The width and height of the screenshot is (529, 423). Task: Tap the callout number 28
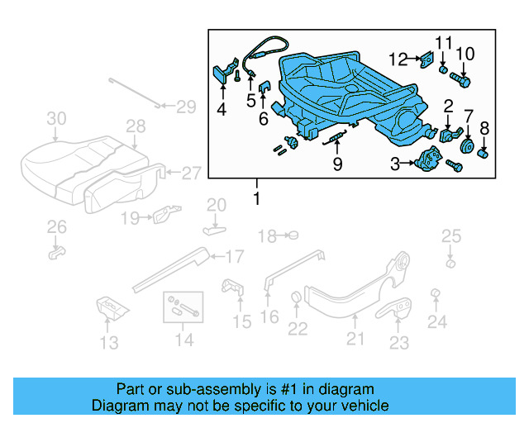click(x=136, y=126)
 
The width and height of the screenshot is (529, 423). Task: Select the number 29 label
click(x=186, y=106)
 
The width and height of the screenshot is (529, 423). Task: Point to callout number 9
click(x=337, y=164)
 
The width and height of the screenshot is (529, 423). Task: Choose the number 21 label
click(x=355, y=337)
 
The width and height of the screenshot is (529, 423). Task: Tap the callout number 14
click(x=183, y=339)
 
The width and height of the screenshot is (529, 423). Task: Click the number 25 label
click(x=450, y=237)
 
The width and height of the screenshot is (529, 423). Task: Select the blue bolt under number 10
click(x=460, y=81)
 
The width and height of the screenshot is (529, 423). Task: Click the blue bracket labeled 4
click(x=222, y=74)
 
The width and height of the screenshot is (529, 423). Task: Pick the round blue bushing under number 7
click(x=465, y=150)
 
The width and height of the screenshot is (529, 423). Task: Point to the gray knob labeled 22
click(x=295, y=298)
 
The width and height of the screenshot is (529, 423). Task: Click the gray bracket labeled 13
click(x=108, y=308)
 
